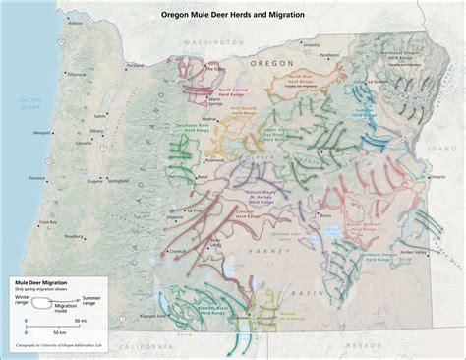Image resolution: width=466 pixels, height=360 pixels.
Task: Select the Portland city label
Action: pos(137,66)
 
